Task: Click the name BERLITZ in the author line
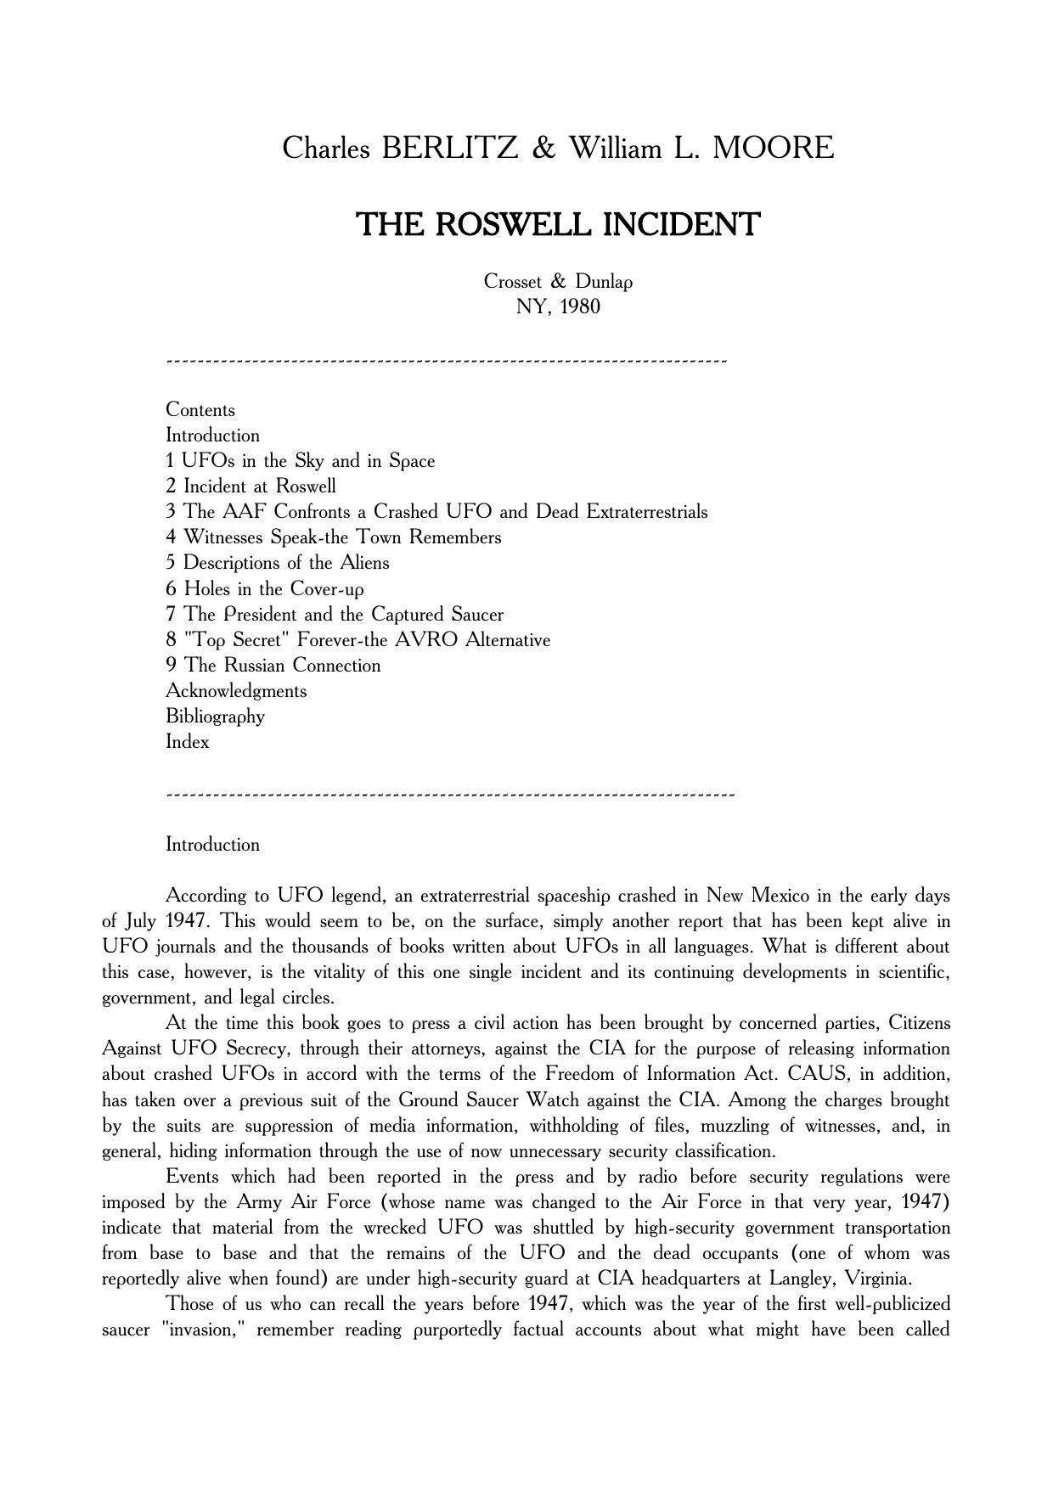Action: (450, 149)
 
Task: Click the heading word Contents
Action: (200, 410)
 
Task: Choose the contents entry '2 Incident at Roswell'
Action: (251, 486)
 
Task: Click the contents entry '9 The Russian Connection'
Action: (273, 666)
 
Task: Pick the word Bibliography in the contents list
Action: (216, 717)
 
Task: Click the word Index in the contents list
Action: (188, 742)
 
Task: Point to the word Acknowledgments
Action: (236, 691)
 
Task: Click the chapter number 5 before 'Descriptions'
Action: (171, 563)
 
